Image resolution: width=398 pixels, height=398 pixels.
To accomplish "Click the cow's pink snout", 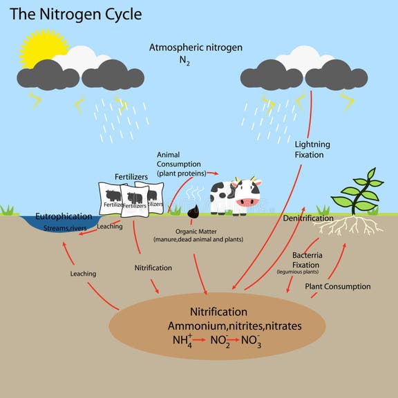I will point(247,202).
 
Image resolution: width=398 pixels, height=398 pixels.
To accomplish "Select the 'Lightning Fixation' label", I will point(312,149).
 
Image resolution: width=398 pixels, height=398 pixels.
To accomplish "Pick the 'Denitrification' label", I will point(308,218).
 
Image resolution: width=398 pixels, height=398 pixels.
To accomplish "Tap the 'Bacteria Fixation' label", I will point(305,260).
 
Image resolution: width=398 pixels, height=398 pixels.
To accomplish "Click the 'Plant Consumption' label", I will point(338,286).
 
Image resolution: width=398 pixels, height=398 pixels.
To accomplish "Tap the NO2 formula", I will point(219,341).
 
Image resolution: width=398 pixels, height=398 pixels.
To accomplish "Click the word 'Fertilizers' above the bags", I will point(131,177).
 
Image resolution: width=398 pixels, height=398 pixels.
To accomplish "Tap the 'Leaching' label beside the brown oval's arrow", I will point(83,274).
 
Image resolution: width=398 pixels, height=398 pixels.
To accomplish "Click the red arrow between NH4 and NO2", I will point(199,341).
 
